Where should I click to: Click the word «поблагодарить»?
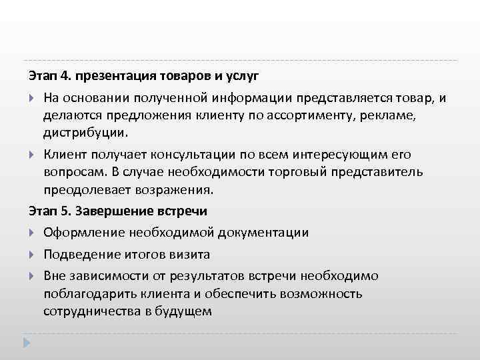click(x=87, y=293)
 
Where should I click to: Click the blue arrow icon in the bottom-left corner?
click(x=27, y=343)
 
